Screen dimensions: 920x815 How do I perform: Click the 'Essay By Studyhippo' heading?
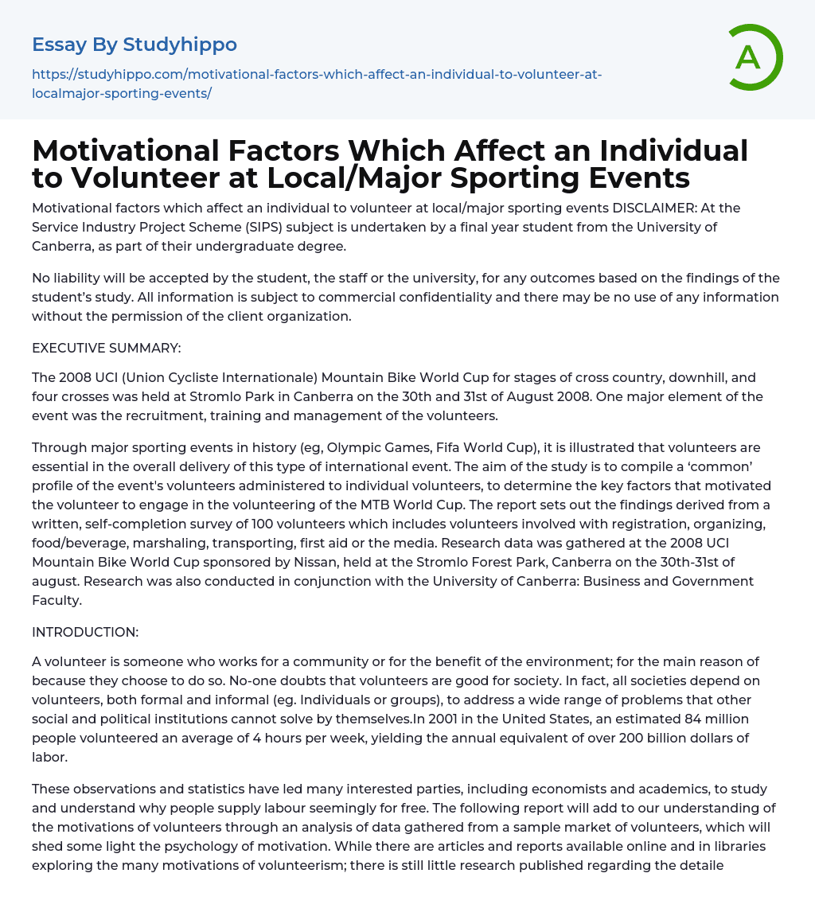135,45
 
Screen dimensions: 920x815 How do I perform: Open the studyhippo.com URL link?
317,84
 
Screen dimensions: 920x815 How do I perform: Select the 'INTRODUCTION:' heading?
85,632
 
